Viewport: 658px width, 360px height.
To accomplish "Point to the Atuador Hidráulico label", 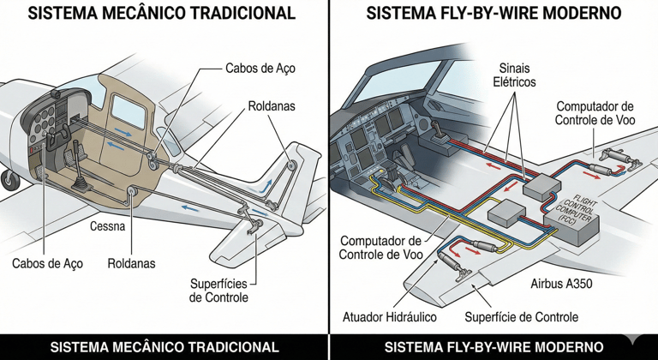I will coord(390,317).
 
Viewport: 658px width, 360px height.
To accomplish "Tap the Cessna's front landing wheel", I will coord(9,179).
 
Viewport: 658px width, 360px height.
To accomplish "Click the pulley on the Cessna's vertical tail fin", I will coord(292,164).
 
